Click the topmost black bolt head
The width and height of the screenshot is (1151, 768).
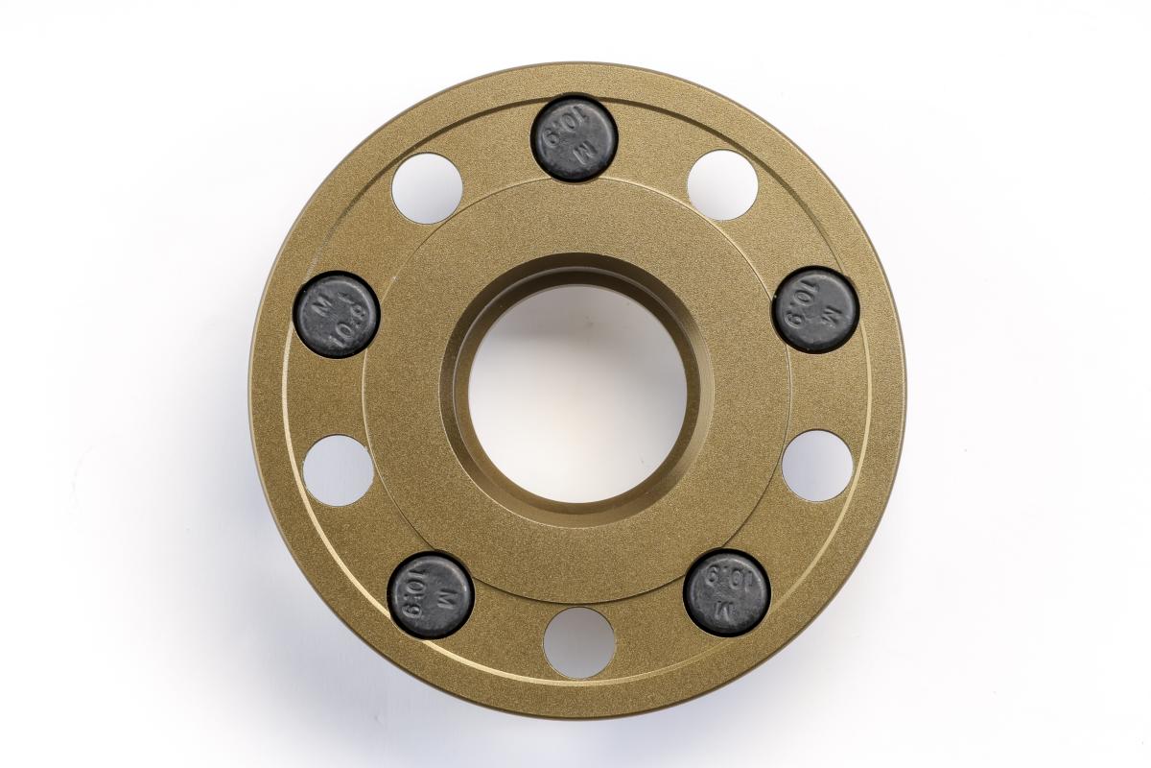[x=574, y=138]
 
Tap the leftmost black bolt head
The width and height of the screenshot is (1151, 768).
[x=336, y=315]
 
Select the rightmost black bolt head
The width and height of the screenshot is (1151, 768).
[x=816, y=310]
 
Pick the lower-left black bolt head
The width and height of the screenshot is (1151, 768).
[x=430, y=595]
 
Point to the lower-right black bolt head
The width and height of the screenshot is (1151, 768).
[x=727, y=592]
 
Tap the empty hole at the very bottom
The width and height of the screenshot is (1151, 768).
[x=579, y=643]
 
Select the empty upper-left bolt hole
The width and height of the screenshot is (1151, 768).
[x=428, y=188]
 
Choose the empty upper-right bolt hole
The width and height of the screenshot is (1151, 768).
[x=723, y=185]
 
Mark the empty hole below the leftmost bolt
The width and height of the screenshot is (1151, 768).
[x=339, y=470]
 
